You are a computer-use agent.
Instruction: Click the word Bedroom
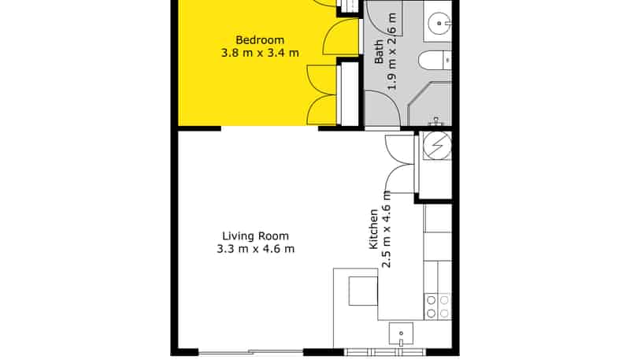coord(260,40)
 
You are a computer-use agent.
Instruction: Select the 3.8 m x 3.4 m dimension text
coord(260,53)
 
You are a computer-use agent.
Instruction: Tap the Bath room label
coord(379,52)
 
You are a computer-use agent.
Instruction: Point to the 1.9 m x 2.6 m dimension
coord(391,51)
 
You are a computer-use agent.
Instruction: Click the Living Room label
coord(255,236)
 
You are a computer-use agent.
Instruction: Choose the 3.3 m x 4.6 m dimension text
coord(255,249)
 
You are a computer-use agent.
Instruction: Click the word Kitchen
coord(373,229)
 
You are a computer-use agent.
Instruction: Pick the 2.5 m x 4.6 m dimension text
coord(387,229)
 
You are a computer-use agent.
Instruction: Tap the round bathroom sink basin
coord(439,24)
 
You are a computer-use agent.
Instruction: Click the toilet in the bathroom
coord(435,61)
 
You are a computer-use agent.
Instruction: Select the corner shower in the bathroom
coord(429,104)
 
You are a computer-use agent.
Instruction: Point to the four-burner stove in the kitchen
coord(438,306)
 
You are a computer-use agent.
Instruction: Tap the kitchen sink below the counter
coord(401,334)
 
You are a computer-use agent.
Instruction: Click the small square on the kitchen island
coord(363,291)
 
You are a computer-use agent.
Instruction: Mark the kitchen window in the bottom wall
coord(385,352)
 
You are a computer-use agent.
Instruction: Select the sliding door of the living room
coord(250,352)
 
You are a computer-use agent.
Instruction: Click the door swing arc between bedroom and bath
coord(341,36)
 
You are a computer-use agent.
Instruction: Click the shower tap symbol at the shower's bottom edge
coord(435,121)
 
